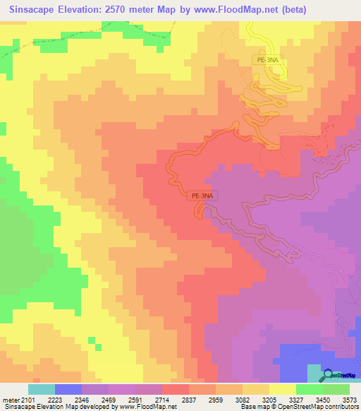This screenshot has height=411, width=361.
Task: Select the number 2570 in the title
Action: pos(127,11)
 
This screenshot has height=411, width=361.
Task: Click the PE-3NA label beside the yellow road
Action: pos(269,61)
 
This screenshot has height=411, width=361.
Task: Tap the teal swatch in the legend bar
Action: pos(42,389)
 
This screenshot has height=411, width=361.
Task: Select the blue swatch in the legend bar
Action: pos(68,389)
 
